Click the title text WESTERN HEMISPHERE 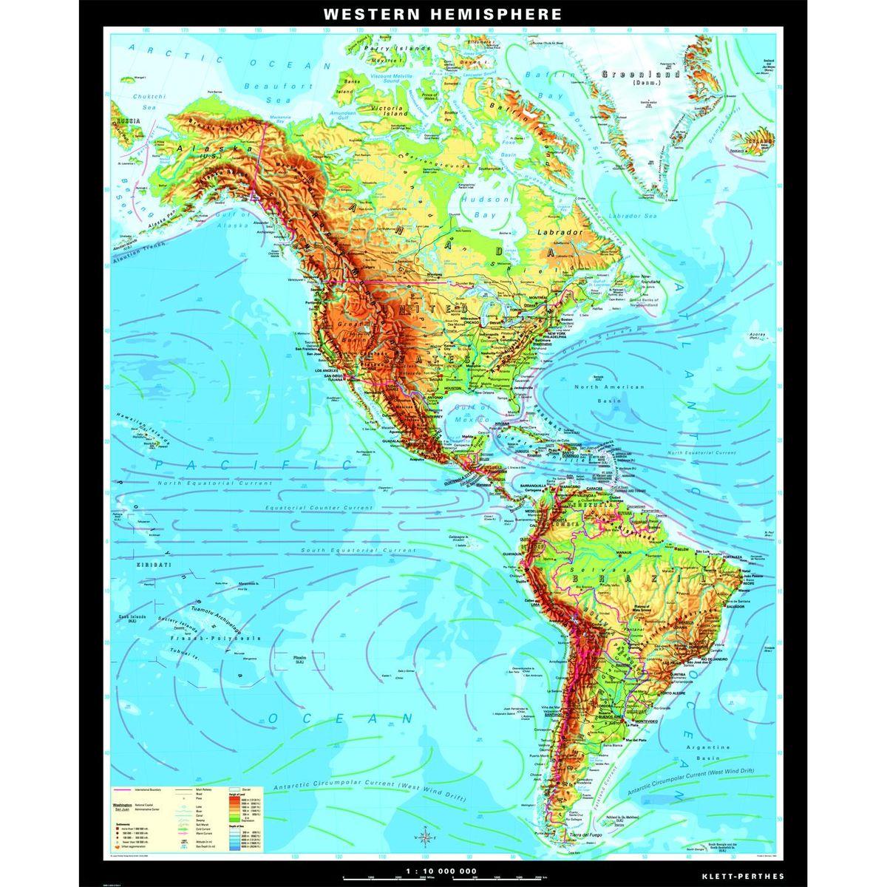(x=443, y=14)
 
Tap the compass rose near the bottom (x=425, y=837)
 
